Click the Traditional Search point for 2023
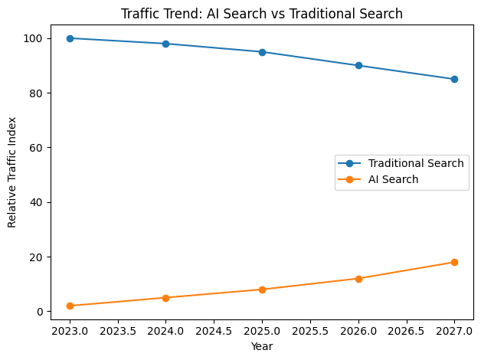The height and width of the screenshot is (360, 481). pos(70,38)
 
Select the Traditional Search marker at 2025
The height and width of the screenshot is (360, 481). pos(262,52)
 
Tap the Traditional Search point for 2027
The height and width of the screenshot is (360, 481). pos(454,79)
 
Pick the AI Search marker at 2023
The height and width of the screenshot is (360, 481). pos(70,306)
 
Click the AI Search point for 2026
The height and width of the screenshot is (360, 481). pos(358,279)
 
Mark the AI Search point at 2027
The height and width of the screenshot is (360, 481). pos(454,262)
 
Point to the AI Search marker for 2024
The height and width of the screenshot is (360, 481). pos(165,298)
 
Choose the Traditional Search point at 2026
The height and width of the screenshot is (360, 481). pos(358,65)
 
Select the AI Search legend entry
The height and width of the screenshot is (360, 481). pos(393,179)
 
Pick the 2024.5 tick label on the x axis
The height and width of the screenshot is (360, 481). pos(214,332)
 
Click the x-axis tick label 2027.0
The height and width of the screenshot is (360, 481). pos(454,332)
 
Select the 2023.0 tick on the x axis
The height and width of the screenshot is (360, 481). pos(70,332)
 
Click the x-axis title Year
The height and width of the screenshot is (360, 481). pos(262,346)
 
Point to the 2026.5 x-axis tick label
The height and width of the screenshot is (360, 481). pos(406,332)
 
